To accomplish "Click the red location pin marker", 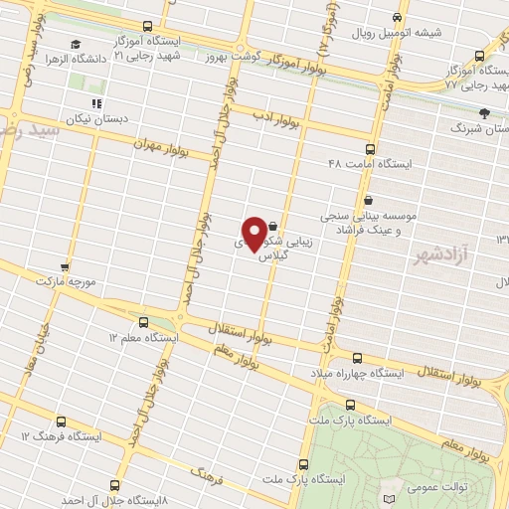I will (255, 234).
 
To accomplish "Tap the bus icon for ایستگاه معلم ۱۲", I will (143, 322).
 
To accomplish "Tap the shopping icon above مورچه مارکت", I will (66, 267).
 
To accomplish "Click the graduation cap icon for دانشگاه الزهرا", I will (76, 45).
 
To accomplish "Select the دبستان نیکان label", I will (91, 118).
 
